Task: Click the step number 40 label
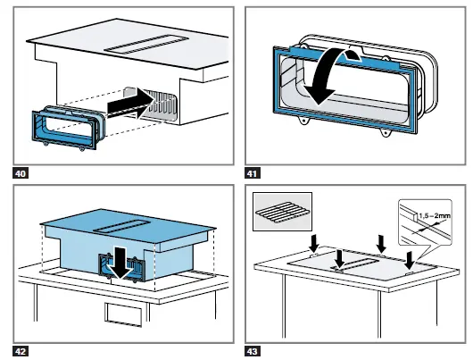tap(21, 173)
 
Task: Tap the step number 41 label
tap(253, 173)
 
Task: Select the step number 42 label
tap(21, 352)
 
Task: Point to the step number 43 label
tap(253, 352)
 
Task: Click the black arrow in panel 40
tap(130, 104)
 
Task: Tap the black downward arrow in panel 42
tap(120, 262)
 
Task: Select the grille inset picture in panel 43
tap(282, 212)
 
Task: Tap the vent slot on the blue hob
tap(121, 227)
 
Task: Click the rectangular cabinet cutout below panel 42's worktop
tap(123, 314)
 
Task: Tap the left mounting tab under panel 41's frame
tap(304, 121)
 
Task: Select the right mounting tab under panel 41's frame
tap(385, 132)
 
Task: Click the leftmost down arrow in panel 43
tap(314, 244)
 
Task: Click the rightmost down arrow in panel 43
tap(410, 260)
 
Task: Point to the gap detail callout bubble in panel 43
tap(425, 223)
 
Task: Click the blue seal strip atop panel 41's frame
tap(344, 56)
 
